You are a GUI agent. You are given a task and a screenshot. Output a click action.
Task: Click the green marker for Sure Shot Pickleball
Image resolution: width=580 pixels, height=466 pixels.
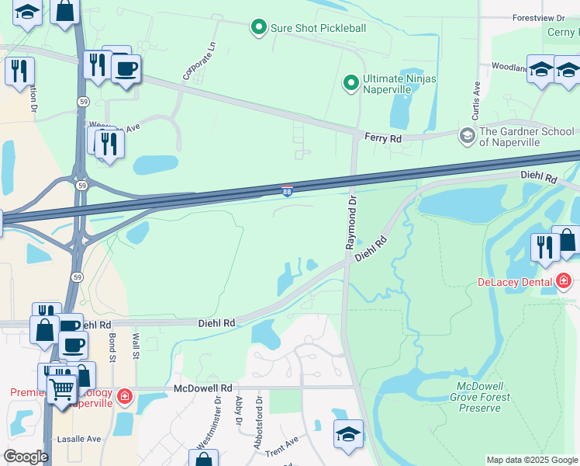click(259, 28)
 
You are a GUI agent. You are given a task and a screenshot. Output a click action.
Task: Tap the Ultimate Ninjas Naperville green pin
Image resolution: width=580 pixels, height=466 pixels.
click(351, 82)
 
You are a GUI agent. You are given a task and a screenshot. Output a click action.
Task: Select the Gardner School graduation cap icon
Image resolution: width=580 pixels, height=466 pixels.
click(467, 137)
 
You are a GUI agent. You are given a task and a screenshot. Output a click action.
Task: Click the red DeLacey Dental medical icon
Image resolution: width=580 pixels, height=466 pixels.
click(564, 281)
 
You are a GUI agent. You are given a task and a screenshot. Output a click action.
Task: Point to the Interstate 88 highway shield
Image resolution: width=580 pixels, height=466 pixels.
click(287, 190)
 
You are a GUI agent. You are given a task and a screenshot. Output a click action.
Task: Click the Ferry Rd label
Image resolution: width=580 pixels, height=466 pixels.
click(383, 137)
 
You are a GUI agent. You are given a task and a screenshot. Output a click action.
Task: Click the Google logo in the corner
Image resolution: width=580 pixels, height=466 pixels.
click(26, 457)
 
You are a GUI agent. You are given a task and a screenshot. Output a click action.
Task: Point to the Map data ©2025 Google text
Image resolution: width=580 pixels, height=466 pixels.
click(532, 460)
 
